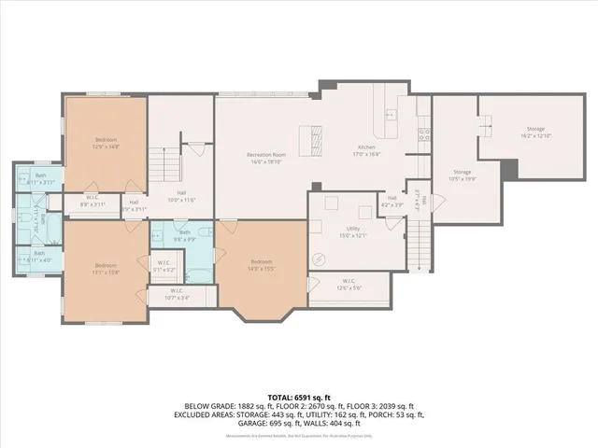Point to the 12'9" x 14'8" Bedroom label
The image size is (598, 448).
(x=105, y=143)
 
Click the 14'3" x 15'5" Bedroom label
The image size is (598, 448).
(x=261, y=265)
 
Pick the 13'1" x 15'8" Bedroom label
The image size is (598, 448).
(x=104, y=269)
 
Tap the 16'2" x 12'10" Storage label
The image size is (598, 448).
(x=534, y=133)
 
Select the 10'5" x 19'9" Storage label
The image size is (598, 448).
(x=463, y=175)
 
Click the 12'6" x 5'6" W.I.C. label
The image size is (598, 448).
(x=348, y=285)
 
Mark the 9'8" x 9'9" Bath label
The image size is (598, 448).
(x=185, y=235)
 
